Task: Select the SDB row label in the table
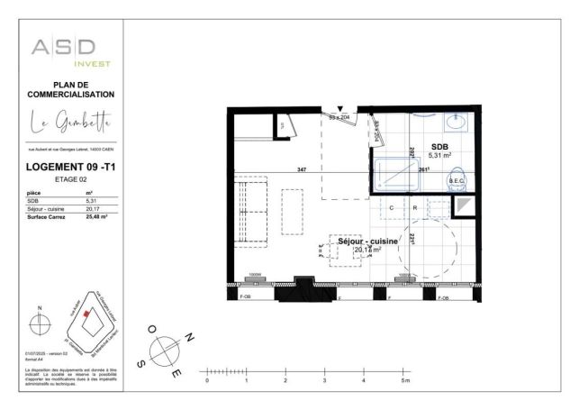coord(34,201)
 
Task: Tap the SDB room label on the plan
coord(439,146)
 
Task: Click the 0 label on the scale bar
coord(207,382)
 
